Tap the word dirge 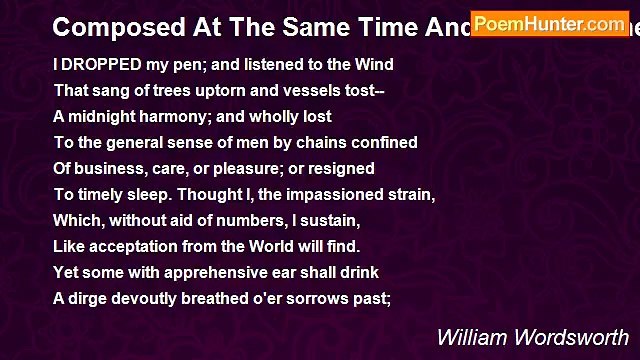click(89, 299)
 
